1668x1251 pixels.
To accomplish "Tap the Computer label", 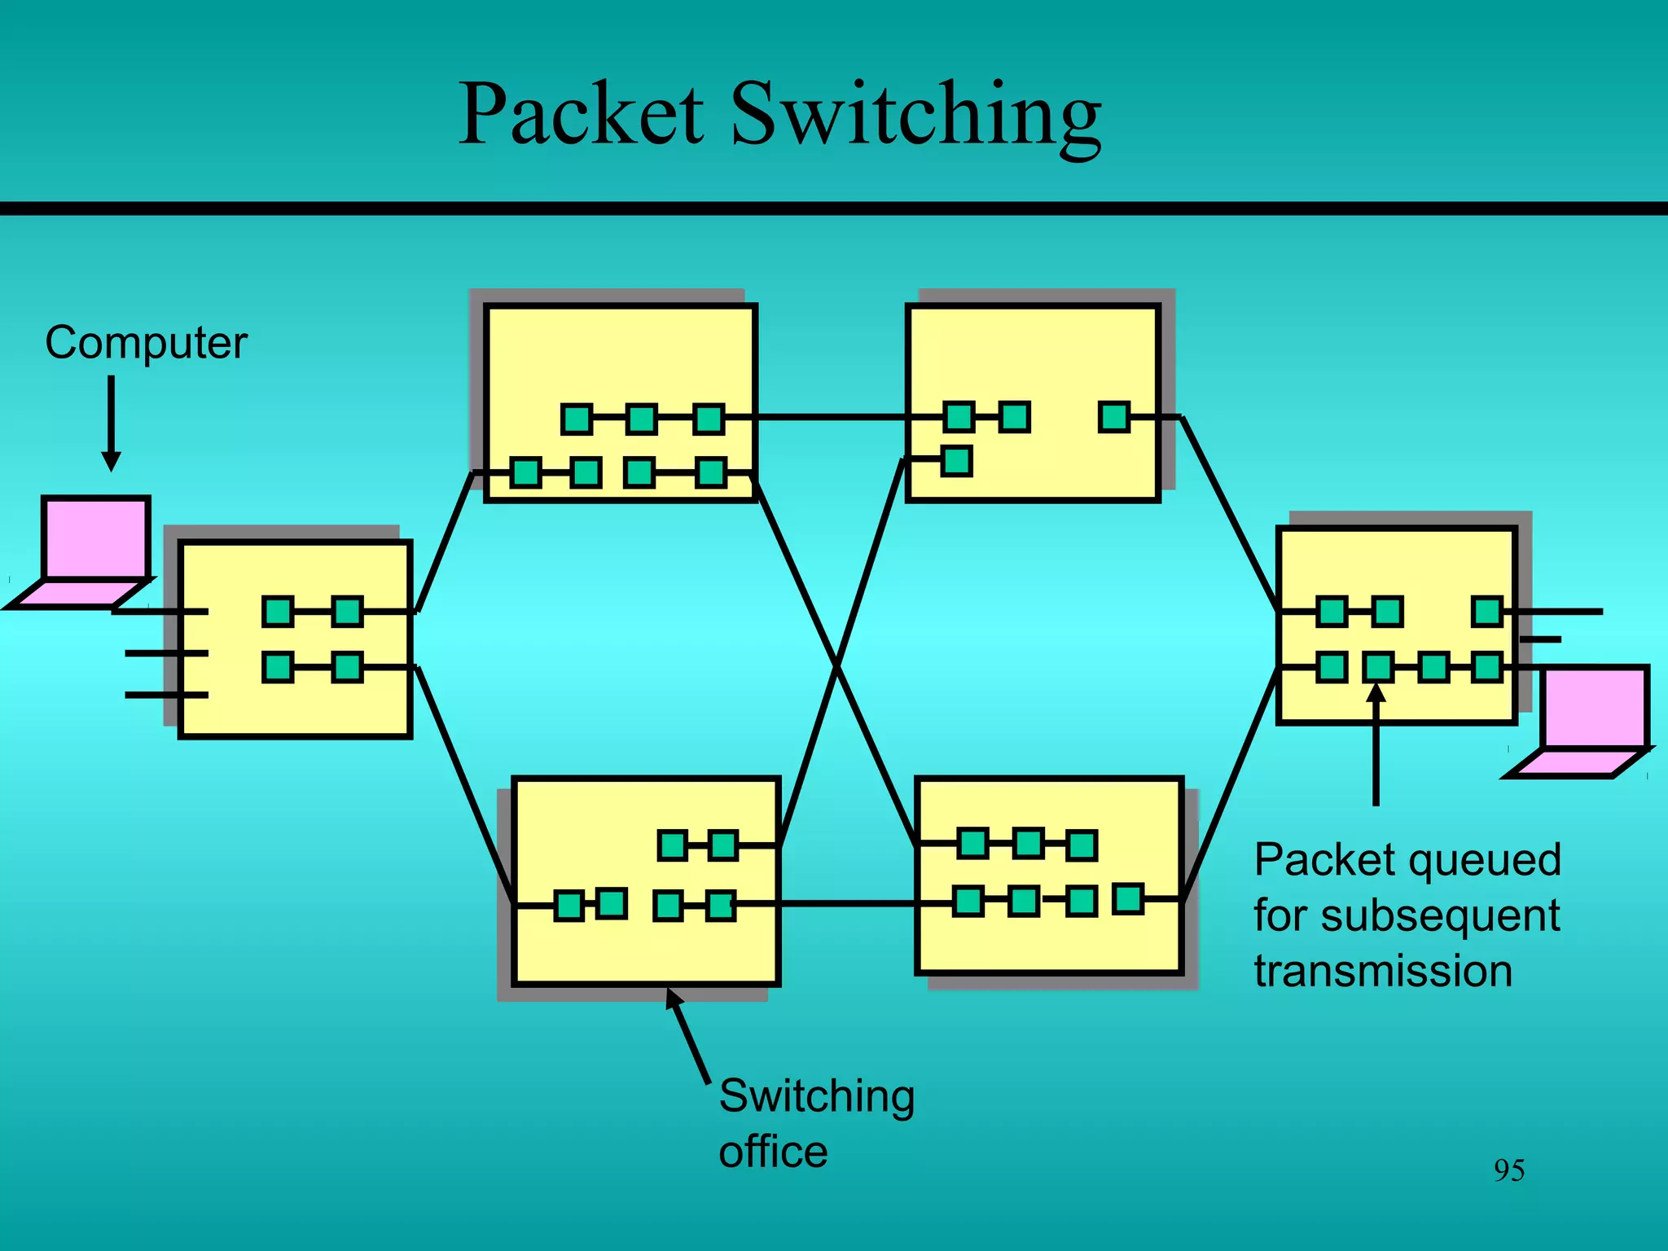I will click(146, 343).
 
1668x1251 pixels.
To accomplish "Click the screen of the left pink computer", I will click(96, 538).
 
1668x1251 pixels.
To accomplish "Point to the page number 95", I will click(1508, 1170).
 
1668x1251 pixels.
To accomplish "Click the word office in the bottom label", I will click(773, 1152).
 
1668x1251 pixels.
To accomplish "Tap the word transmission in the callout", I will click(1383, 971).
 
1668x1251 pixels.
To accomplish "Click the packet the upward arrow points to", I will click(1378, 667).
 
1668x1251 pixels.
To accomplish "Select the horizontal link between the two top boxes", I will click(831, 417).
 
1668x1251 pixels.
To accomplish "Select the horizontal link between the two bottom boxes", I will click(847, 903).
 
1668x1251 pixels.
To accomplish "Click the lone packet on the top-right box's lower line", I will click(957, 461).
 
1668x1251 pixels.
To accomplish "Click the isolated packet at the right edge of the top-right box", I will click(1114, 417).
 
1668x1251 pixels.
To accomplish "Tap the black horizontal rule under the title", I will click(834, 208).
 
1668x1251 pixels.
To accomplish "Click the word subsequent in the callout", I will click(1440, 915).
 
